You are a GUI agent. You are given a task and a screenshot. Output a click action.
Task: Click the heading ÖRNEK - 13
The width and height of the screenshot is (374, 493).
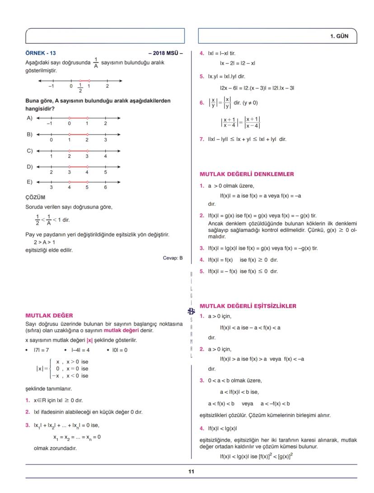[41, 53]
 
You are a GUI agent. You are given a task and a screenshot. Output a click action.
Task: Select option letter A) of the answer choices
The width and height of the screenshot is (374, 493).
[29, 118]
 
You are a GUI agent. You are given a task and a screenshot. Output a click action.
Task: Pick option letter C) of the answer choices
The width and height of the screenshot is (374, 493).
[29, 150]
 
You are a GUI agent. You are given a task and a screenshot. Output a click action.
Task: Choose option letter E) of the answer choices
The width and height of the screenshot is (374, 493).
[29, 182]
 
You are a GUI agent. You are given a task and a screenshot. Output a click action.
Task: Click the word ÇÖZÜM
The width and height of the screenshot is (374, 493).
[35, 197]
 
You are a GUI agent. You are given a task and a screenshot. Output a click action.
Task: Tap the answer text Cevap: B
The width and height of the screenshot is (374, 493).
[173, 258]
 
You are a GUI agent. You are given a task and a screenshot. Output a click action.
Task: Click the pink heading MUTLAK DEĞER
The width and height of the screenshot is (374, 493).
[49, 315]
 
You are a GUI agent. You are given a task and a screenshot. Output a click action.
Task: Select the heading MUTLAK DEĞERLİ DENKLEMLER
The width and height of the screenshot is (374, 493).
[247, 174]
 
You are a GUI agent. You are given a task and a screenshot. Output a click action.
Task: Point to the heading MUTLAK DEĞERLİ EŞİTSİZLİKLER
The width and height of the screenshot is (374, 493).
[248, 306]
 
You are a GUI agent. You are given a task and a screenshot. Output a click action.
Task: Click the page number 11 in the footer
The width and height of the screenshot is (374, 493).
[191, 472]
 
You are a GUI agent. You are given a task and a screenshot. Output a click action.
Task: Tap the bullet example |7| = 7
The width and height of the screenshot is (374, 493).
[42, 350]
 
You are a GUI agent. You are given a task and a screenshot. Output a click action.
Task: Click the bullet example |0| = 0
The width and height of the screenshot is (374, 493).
[120, 350]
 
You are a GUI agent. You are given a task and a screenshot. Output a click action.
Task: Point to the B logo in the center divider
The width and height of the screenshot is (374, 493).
[191, 310]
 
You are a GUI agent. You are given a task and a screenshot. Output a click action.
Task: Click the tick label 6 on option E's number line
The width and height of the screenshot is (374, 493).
[105, 187]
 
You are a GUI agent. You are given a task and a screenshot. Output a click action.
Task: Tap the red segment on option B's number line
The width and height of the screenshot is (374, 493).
[78, 134]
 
